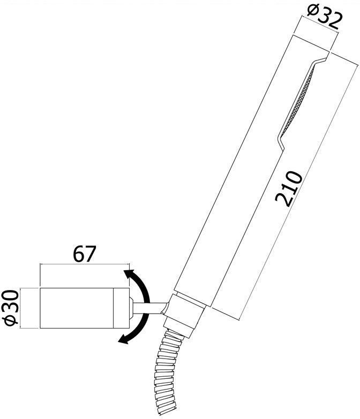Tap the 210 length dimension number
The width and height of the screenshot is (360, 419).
coord(289,188)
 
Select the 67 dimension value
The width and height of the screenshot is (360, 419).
coord(84,254)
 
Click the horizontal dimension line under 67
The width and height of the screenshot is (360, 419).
coord(84,264)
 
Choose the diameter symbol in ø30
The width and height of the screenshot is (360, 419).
coord(11,319)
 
